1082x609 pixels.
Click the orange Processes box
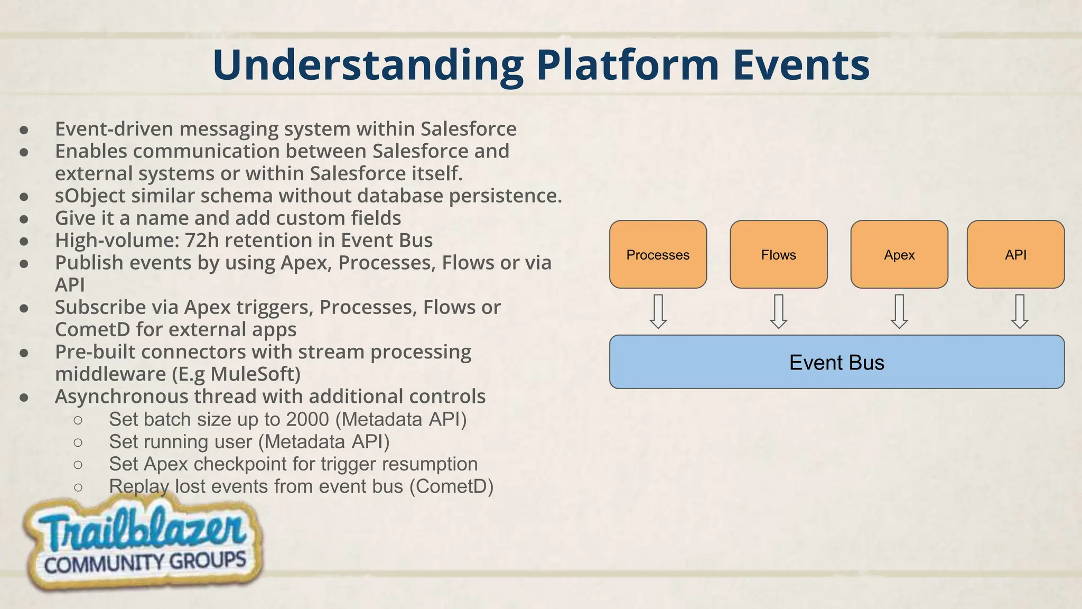[658, 254]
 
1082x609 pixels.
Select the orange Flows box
[778, 254]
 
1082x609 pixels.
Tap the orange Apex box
[899, 254]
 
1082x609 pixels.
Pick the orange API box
[1015, 254]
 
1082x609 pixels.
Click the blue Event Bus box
[837, 362]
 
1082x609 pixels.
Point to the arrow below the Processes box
[658, 311]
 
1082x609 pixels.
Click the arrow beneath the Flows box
[779, 311]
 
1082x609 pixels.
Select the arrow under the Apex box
[899, 311]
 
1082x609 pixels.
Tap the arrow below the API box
[1020, 311]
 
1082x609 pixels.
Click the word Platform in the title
[627, 66]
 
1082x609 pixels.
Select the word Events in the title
[801, 66]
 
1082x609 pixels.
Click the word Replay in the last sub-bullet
[139, 486]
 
